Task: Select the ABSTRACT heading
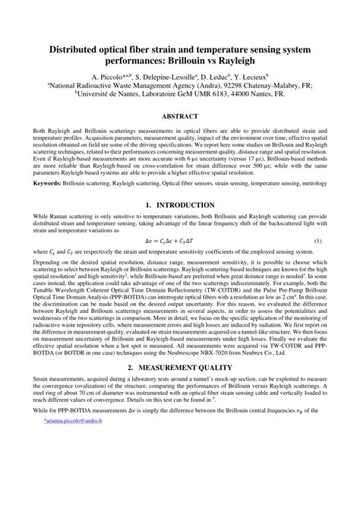click(179, 116)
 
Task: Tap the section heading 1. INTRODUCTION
click(180, 205)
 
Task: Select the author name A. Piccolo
click(109, 77)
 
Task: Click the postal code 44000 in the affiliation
click(239, 96)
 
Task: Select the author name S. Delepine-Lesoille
click(164, 77)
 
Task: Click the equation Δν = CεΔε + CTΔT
click(180, 241)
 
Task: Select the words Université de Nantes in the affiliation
click(125, 96)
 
